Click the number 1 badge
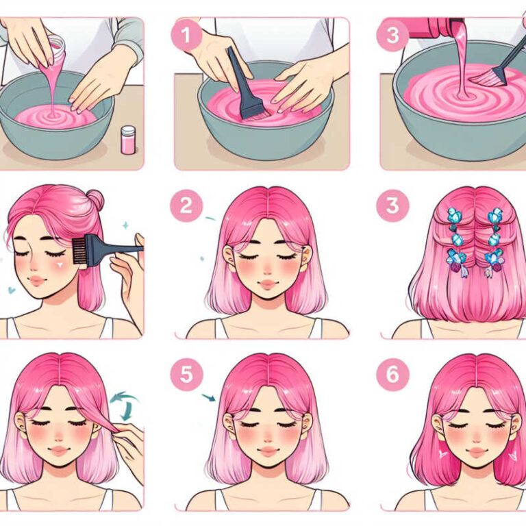[186, 35]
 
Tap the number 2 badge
[186, 205]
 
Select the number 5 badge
[186, 375]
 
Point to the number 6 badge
[392, 375]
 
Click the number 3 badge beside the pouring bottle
[392, 35]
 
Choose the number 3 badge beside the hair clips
[392, 205]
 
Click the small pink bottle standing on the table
[128, 140]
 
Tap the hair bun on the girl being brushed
[95, 199]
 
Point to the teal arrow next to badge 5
[209, 397]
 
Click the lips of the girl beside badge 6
[477, 453]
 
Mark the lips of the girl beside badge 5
[268, 451]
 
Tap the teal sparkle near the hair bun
[125, 225]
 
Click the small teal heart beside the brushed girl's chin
[12, 290]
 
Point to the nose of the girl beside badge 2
[267, 271]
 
